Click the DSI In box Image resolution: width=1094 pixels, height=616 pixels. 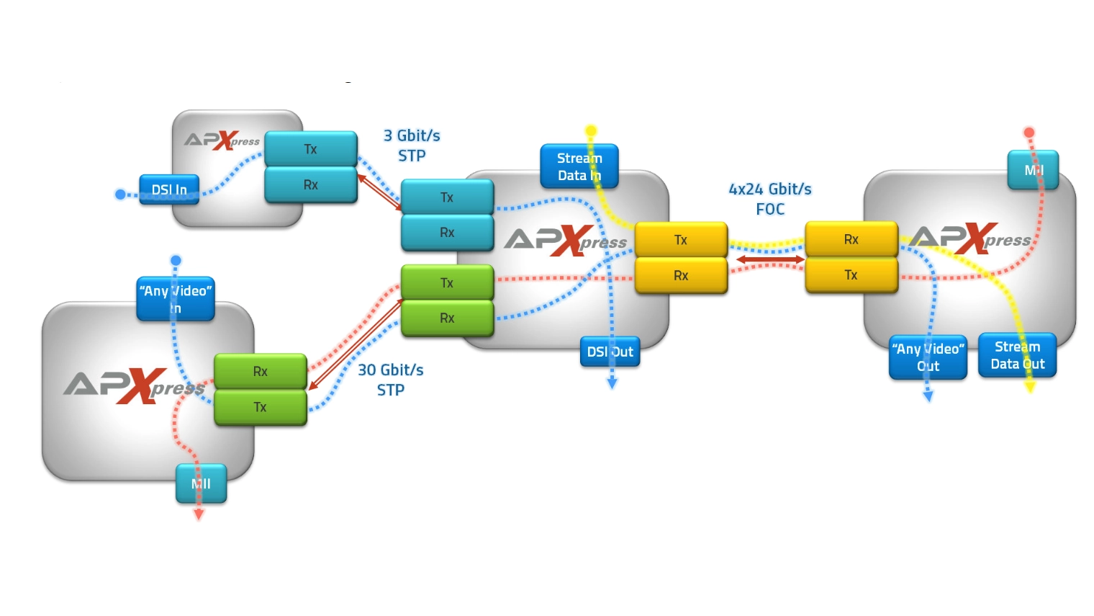pos(169,189)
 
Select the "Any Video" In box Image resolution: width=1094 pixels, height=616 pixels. pos(176,299)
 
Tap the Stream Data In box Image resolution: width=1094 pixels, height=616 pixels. pos(579,166)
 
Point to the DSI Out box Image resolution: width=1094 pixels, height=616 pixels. pos(610,352)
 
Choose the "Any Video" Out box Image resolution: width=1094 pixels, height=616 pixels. pos(928,357)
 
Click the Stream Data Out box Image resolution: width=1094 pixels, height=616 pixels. pos(1017,355)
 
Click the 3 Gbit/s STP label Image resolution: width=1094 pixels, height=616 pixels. pos(412,146)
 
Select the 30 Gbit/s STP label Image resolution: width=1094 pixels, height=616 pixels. pos(391,380)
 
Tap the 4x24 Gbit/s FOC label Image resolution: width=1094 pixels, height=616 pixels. pos(770,199)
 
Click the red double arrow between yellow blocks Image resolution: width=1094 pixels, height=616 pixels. pos(769,259)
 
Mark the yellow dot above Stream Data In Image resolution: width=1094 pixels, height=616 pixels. pos(591,131)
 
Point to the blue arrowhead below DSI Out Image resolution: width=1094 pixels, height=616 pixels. pos(612,384)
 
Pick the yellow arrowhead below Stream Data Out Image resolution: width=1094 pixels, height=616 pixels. pos(1030,388)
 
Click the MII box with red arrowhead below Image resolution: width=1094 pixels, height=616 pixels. pos(202,483)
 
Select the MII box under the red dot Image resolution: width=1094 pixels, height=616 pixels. pos(1033,170)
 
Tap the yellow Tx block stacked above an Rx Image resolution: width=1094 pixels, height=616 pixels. pos(681,240)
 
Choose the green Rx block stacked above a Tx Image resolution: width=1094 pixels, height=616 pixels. pos(261,372)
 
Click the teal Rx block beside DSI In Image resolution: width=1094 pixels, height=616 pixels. pos(311,185)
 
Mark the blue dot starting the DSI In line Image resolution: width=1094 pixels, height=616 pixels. pos(121,195)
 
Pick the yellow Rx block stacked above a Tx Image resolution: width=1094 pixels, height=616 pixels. pos(851,239)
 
